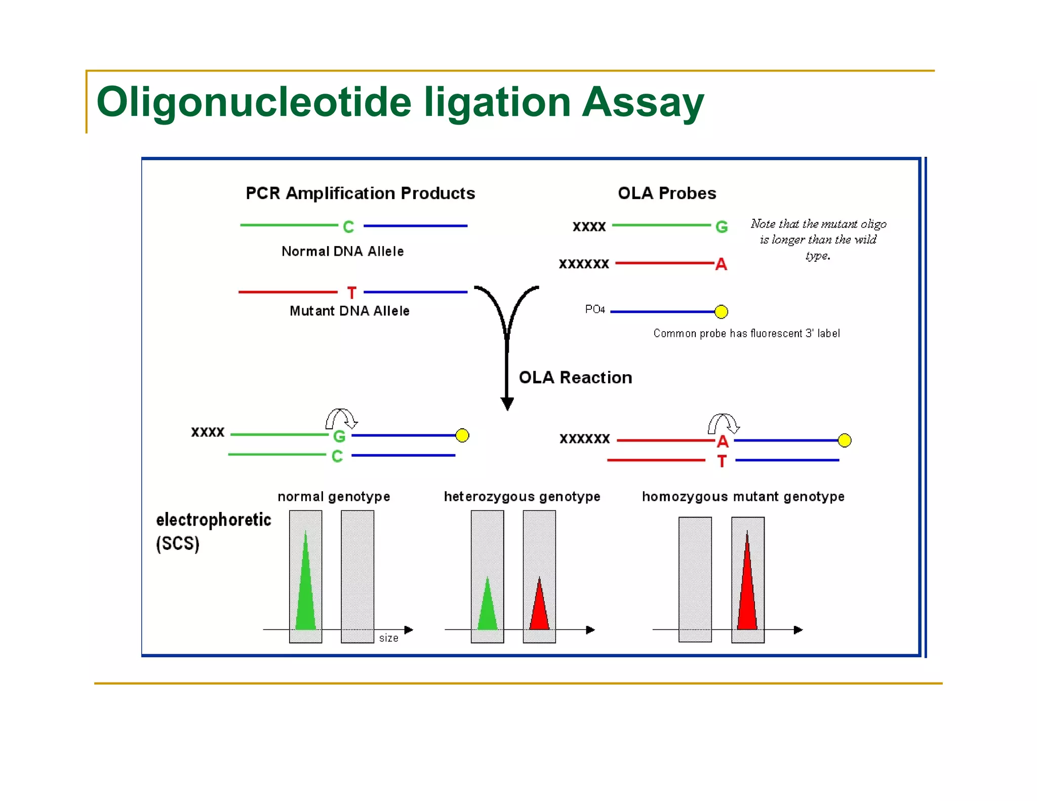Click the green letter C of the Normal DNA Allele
point(348,227)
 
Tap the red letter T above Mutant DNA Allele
point(351,293)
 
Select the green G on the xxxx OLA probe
point(721,227)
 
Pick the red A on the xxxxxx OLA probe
point(721,264)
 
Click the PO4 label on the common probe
point(594,309)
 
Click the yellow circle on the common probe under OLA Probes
point(721,311)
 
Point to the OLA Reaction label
point(575,378)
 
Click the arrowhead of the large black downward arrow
point(507,404)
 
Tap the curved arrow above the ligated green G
point(341,418)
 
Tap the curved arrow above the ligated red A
point(723,423)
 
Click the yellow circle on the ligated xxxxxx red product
point(844,440)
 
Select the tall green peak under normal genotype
point(305,587)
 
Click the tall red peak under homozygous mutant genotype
point(747,587)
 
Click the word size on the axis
point(388,638)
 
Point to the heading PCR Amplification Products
point(360,193)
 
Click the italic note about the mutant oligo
point(818,239)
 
